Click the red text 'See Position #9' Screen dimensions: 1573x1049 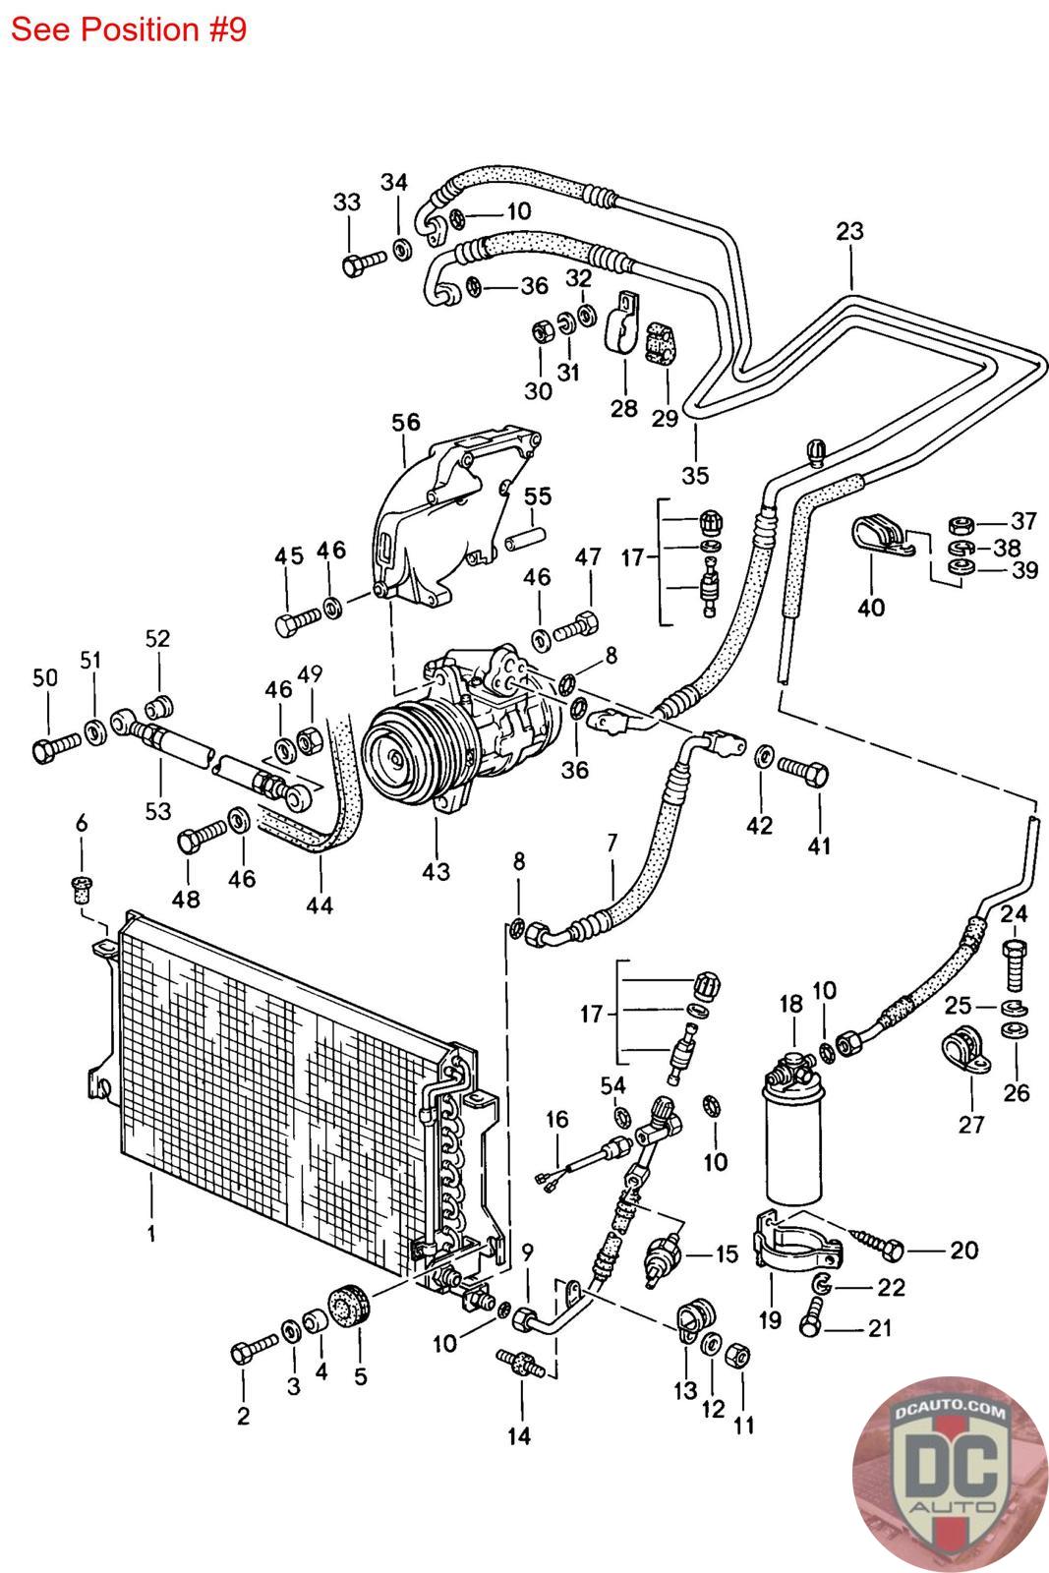pos(128,29)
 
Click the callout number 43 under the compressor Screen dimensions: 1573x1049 pos(436,871)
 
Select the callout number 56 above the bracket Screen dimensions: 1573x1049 pos(405,423)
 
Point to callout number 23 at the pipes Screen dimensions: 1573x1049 pos(849,231)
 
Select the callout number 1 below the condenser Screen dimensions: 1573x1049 pos(151,1233)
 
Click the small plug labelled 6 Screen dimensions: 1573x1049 pos(82,891)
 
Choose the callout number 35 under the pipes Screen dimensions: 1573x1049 pos(695,475)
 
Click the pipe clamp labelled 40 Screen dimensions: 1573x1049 pos(878,535)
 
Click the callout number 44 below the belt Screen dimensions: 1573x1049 pos(319,903)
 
